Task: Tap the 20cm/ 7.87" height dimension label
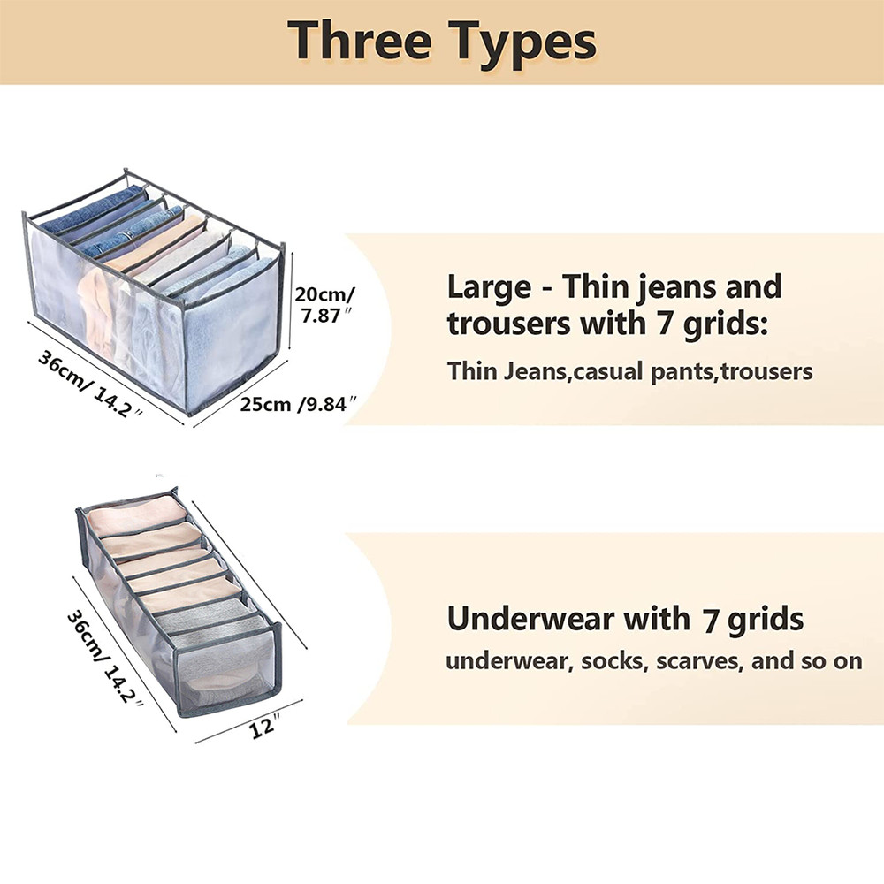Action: tap(324, 304)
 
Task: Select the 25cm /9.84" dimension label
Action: tap(299, 404)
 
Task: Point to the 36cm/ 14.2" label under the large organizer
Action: tap(90, 384)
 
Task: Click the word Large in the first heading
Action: tap(489, 287)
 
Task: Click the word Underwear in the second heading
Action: tap(530, 619)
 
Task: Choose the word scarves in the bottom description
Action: tap(697, 660)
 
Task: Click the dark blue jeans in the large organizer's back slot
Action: tap(93, 210)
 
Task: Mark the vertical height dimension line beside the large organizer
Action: tap(291, 301)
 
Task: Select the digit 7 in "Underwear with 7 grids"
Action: tap(711, 620)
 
